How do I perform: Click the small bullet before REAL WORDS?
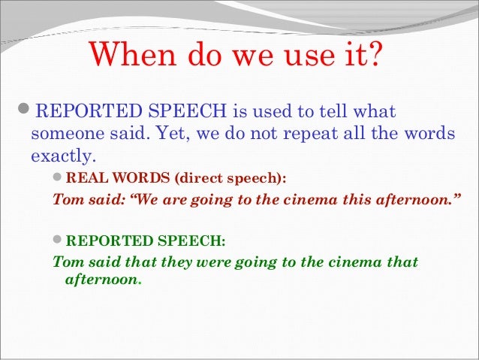pyautogui.click(x=59, y=178)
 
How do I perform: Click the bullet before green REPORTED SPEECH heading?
pyautogui.click(x=59, y=241)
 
